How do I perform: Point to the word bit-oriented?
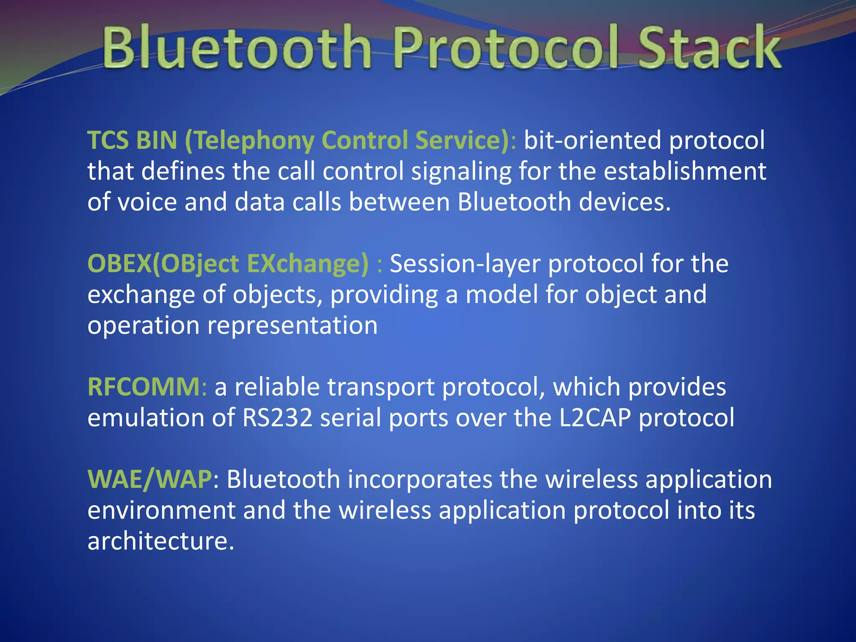pyautogui.click(x=592, y=140)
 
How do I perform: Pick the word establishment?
pyautogui.click(x=685, y=171)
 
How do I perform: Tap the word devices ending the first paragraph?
pyautogui.click(x=625, y=202)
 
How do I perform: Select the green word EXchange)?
pyautogui.click(x=308, y=264)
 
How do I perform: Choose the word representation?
pyautogui.click(x=293, y=326)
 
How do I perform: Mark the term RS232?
pyautogui.click(x=278, y=418)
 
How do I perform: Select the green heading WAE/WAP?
pyautogui.click(x=150, y=479)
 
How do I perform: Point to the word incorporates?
pyautogui.click(x=420, y=479)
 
